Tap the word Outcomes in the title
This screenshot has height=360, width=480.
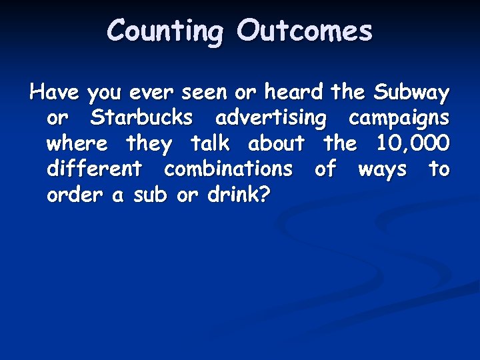point(304,31)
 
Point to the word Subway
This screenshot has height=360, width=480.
point(412,91)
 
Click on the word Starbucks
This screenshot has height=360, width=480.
point(142,117)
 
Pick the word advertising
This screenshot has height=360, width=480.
point(271,118)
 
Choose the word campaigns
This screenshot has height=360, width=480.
point(399,118)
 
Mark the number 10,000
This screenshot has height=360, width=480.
point(413,143)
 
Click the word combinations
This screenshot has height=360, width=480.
point(228,169)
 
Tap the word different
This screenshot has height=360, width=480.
point(94,169)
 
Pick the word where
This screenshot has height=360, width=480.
point(77,143)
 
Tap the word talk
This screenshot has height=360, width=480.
point(210,143)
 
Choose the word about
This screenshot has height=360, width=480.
point(276,143)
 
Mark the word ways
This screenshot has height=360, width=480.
point(382,169)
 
